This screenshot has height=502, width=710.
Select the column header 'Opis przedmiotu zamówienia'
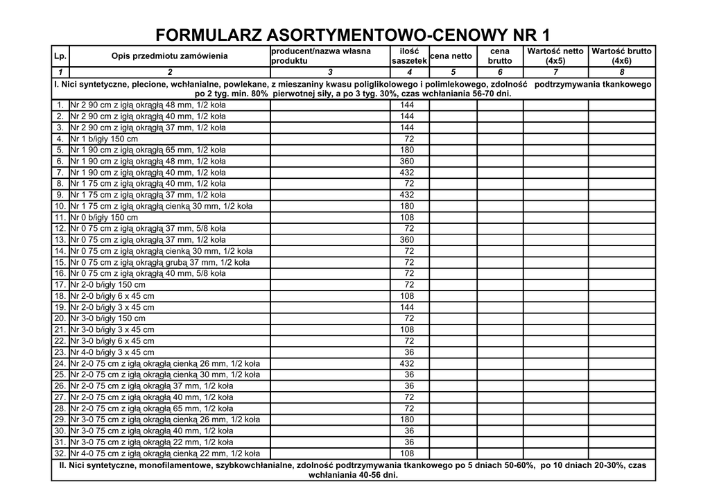pos(169,56)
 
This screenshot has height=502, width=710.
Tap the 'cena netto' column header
pos(452,56)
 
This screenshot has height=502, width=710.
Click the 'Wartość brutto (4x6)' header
pos(621,56)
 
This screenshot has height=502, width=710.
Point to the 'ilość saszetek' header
pos(409,56)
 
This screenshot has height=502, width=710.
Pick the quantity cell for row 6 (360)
pos(409,162)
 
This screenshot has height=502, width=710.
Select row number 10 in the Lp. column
pos(60,207)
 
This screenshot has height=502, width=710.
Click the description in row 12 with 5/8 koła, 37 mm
pos(148,229)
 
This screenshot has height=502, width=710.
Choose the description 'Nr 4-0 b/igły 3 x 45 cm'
pos(112,352)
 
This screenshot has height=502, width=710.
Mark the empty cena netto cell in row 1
pos(453,105)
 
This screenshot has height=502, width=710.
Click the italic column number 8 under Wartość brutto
pos(621,72)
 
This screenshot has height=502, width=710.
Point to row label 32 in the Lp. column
pos(60,453)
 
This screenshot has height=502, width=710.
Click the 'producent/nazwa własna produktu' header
pos(329,56)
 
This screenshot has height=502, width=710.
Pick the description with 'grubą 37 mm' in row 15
pos(160,263)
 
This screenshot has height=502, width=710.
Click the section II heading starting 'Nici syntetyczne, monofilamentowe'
pos(354,470)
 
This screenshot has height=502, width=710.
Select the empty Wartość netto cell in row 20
pos(555,319)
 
